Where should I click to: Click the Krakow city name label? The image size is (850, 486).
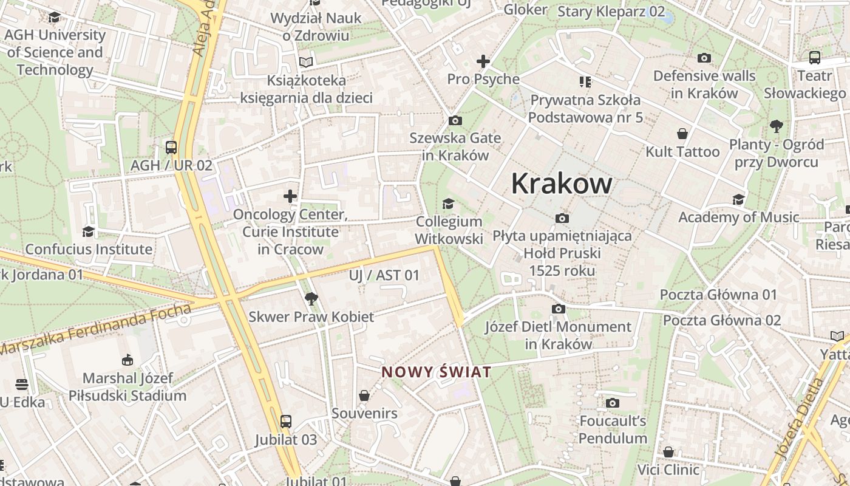(562, 183)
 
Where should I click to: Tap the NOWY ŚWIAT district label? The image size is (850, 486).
(436, 372)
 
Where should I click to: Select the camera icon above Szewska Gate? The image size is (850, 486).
(455, 120)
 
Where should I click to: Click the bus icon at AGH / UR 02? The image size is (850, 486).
(171, 147)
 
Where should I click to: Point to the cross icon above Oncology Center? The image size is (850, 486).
(290, 196)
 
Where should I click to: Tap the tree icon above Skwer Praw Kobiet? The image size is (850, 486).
(311, 298)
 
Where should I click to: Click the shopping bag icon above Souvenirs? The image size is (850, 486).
(364, 395)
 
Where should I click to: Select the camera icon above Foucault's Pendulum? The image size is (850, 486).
(613, 402)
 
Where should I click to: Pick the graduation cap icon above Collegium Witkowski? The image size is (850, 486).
(449, 204)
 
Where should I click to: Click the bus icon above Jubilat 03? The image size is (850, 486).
(285, 421)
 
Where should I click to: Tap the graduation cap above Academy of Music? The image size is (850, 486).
(738, 199)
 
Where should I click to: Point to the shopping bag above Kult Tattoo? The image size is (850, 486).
(682, 134)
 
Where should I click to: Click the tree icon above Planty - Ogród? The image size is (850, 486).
(776, 126)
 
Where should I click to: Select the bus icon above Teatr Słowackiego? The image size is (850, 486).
(815, 58)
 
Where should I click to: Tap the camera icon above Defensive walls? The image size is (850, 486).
(704, 58)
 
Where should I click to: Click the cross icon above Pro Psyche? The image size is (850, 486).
(483, 61)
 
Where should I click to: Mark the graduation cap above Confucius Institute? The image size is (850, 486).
(89, 231)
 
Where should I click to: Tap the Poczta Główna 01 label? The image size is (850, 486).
(718, 295)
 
